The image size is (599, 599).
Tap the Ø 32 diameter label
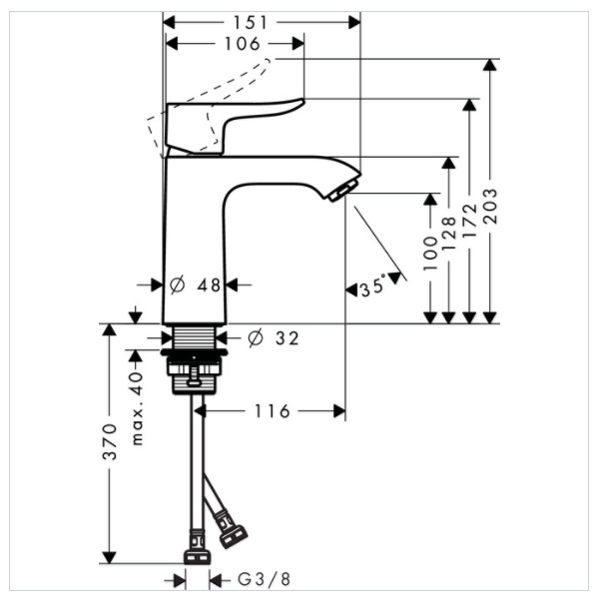(273, 338)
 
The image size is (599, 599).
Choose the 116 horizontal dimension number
(271, 410)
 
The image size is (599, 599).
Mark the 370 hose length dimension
(110, 441)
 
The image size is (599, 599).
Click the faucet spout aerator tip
(342, 189)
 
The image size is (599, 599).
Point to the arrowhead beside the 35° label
(351, 290)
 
